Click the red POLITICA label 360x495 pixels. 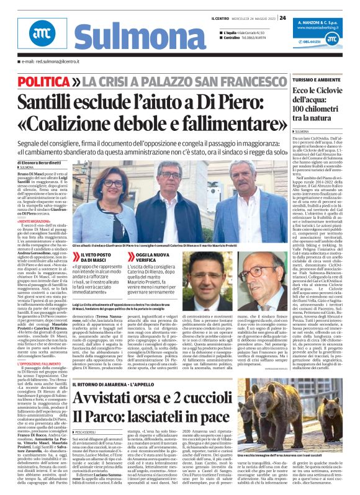(x=43, y=81)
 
